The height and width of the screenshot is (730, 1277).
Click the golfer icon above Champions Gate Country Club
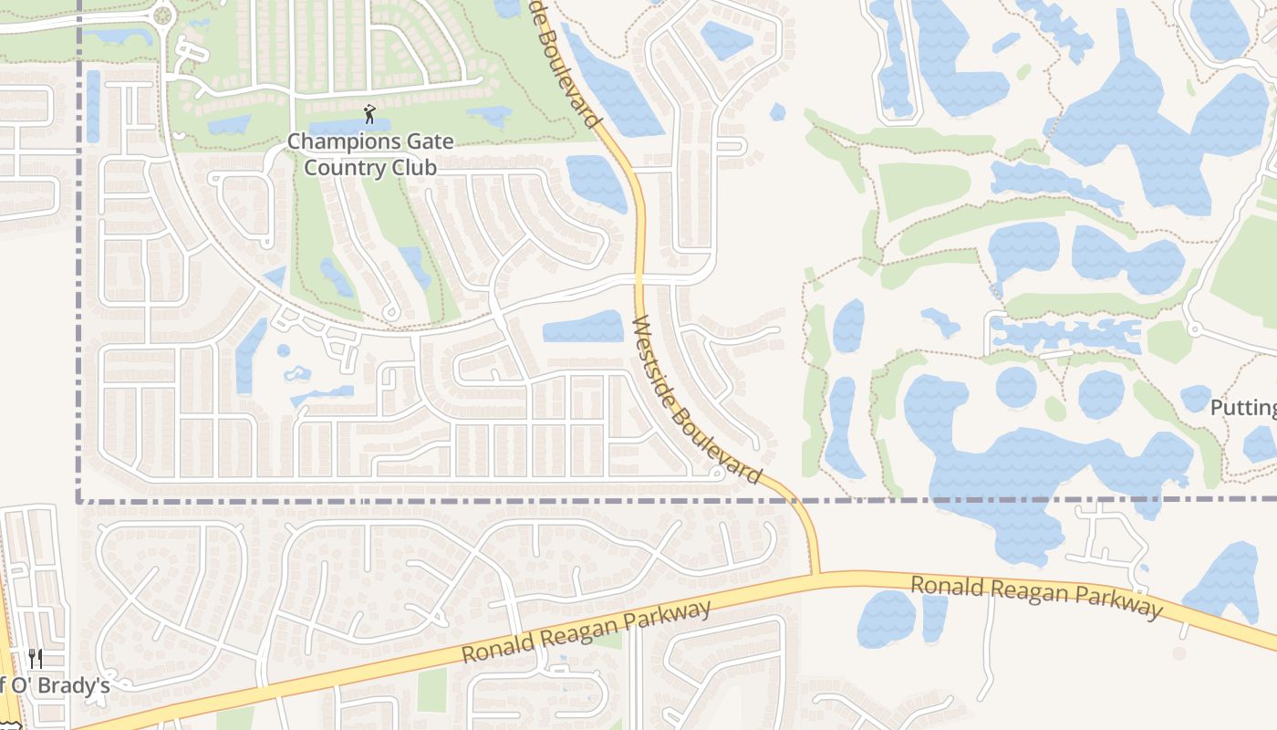(x=369, y=114)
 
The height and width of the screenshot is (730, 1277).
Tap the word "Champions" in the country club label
(x=343, y=142)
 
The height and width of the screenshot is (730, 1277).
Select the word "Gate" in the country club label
(x=424, y=142)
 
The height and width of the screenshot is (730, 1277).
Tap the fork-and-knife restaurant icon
(x=36, y=658)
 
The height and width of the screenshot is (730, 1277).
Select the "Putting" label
(x=1242, y=407)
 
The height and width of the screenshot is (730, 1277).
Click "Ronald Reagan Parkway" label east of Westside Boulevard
(x=1037, y=595)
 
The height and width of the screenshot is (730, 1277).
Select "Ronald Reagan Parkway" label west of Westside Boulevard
(x=586, y=632)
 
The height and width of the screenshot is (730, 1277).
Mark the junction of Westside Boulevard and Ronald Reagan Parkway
(x=815, y=575)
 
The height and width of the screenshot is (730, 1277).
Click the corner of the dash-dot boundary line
(x=78, y=500)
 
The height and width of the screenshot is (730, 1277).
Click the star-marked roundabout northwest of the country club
(x=163, y=14)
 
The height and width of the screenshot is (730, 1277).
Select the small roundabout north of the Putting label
(x=1191, y=328)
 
